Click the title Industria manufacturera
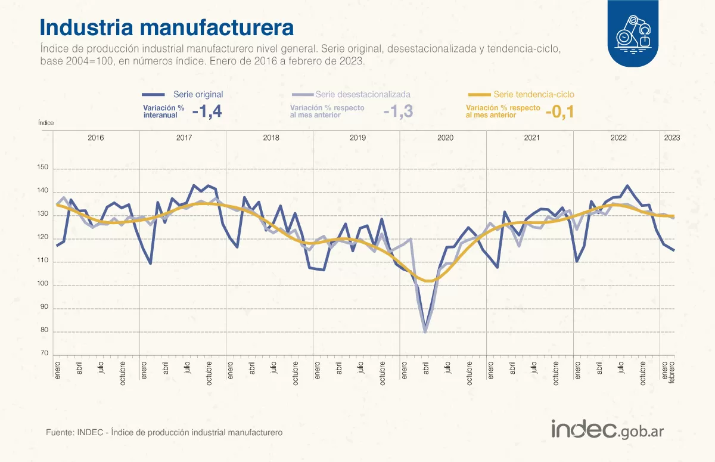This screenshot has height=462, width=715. pos(166,27)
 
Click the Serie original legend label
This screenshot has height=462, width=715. pos(198,94)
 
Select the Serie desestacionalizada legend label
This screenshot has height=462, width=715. pos(363,94)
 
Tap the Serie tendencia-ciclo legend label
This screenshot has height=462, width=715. pos(534,94)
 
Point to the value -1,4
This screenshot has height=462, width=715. pos(207,111)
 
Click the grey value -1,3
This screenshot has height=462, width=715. pos(398,111)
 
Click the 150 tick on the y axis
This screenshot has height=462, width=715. pos(42,168)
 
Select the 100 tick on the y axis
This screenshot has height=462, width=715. pos(42,285)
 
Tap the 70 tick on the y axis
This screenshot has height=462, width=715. pos(44,354)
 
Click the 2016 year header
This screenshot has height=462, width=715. pos(96,138)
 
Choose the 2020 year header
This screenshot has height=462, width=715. pos(445,138)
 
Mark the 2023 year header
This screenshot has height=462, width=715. pos(672,138)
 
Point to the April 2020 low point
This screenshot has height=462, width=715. pos(425,331)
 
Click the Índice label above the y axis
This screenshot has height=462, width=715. pos(46,122)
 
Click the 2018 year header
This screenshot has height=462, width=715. pos(271,138)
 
